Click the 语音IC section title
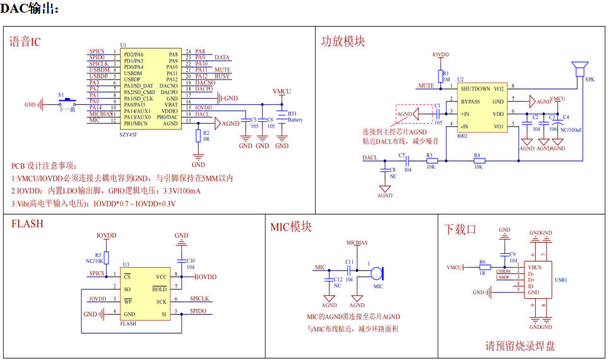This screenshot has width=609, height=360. click(25, 42)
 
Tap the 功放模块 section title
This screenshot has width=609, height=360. click(343, 42)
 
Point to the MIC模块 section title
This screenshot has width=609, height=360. click(290, 227)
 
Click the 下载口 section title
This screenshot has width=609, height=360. click(460, 229)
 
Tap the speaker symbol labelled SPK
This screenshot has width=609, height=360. click(579, 68)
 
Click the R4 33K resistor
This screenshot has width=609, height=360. click(476, 160)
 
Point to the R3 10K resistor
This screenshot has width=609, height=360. click(432, 160)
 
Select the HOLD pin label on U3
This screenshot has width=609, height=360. click(160, 289)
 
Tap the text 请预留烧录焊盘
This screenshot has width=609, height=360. click(520, 345)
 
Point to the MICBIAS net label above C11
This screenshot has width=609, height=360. click(356, 243)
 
